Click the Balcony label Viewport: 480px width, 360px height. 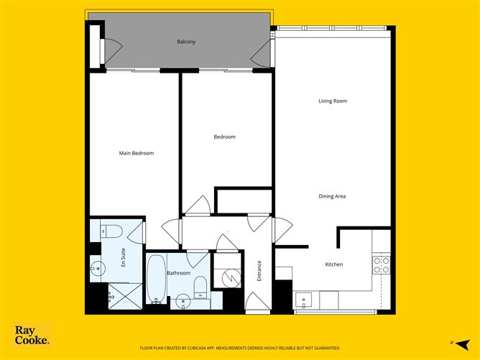(x=186, y=42)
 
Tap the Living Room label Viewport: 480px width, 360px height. (x=333, y=101)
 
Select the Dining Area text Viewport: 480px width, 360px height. (x=333, y=196)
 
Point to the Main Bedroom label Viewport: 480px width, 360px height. (x=137, y=153)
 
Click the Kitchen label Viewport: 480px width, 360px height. (x=334, y=264)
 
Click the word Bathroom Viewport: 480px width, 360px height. (x=178, y=273)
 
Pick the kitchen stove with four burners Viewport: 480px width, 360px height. (x=381, y=265)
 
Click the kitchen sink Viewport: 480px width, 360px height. (x=303, y=300)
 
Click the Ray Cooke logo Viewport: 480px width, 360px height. (x=32, y=336)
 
